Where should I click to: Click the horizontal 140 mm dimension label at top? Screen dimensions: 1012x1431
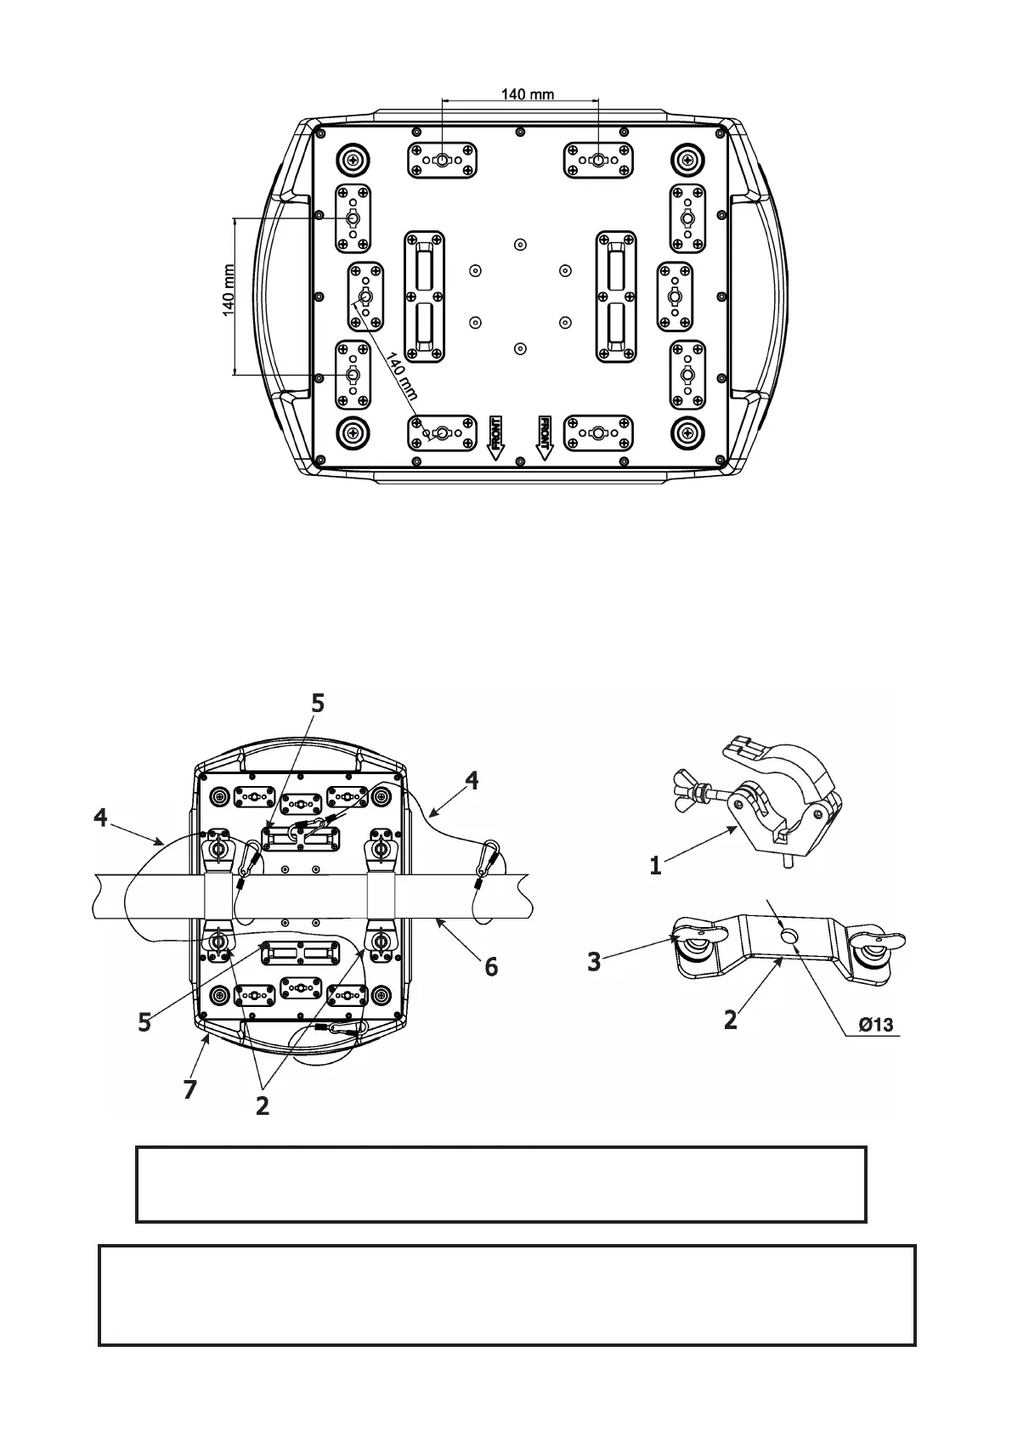click(527, 93)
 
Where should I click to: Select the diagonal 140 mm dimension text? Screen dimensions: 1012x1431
click(402, 376)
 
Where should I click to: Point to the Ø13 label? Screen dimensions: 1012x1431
click(875, 1024)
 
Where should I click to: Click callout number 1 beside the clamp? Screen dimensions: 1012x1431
click(655, 866)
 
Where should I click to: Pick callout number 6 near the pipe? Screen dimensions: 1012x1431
click(491, 966)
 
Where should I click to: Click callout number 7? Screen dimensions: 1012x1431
click(190, 1089)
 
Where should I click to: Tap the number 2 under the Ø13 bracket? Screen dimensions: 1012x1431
click(731, 1018)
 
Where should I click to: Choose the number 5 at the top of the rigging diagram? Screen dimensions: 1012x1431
click(317, 704)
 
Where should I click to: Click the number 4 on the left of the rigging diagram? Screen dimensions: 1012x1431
click(101, 818)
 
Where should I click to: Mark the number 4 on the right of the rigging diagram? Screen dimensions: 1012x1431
click(472, 780)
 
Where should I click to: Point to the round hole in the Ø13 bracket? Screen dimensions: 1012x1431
click(789, 936)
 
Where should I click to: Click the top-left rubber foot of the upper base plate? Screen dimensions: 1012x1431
click(351, 159)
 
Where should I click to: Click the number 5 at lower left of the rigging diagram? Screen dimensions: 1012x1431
click(145, 1021)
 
